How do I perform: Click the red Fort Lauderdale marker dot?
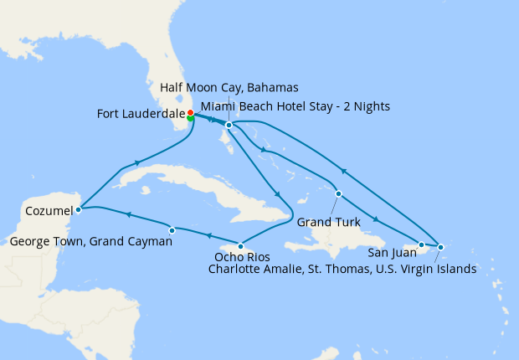tap(190, 113)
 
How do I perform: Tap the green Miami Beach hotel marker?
tap(191, 119)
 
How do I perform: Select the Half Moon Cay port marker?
tap(229, 126)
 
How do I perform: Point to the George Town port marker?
tap(172, 229)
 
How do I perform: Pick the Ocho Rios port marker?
tap(240, 246)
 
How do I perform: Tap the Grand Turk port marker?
tap(338, 194)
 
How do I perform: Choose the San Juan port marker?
tap(421, 244)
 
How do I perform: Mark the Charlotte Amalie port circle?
tap(440, 246)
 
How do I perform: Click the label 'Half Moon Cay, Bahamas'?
tap(229, 88)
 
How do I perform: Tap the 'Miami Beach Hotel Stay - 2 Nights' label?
tap(295, 106)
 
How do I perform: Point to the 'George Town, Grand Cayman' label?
tap(91, 242)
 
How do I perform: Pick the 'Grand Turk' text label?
tap(329, 223)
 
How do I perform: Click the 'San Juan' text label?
tap(392, 252)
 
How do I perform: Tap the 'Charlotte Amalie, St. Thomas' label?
tap(342, 269)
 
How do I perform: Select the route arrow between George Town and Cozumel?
tap(129, 216)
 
